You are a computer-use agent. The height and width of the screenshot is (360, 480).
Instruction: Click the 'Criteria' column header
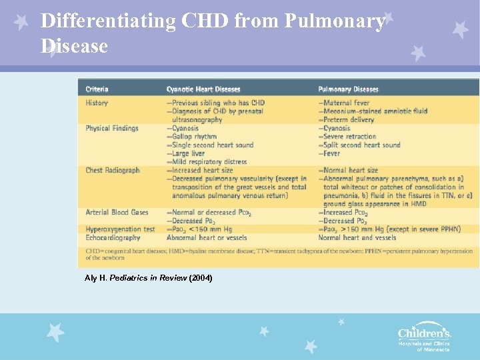[97, 89]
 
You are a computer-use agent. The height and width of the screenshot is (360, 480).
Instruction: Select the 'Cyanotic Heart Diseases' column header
[203, 89]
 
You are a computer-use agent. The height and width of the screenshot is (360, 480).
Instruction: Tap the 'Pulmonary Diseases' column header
[348, 89]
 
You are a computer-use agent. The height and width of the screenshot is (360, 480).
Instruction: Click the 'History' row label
[97, 103]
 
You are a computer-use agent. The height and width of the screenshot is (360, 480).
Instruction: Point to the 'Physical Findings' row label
[112, 128]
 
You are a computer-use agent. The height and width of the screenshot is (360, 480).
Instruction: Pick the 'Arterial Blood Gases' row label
[117, 212]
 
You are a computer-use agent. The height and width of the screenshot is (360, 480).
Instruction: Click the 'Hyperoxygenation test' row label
[120, 229]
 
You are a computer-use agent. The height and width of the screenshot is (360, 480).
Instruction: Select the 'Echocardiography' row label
[113, 237]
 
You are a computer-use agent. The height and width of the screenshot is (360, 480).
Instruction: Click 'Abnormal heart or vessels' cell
[207, 237]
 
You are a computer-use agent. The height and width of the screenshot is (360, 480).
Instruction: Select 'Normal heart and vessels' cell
[357, 237]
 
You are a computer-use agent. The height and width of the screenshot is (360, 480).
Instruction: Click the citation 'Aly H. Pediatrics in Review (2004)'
[149, 277]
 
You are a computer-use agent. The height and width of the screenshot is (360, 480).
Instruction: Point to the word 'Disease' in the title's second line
[73, 46]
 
